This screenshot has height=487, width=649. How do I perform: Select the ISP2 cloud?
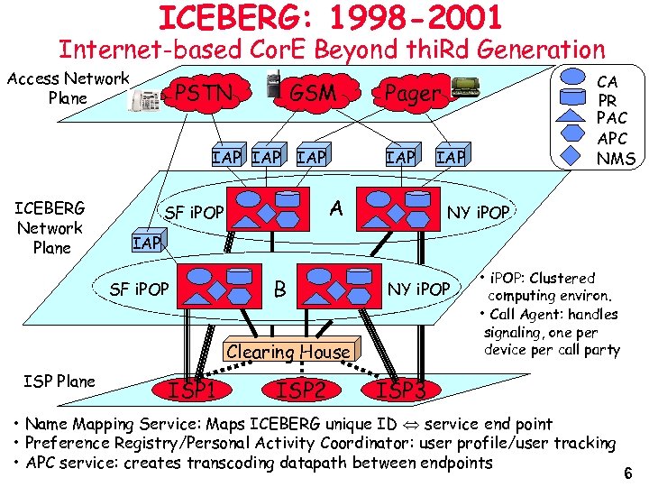[300, 390]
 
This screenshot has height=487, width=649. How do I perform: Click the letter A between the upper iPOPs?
[336, 208]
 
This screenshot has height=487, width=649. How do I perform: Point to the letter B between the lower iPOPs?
[280, 289]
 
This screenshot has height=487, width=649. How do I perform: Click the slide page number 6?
[627, 473]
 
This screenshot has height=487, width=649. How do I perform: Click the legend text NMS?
[617, 159]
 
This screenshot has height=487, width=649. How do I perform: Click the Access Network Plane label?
[69, 88]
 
